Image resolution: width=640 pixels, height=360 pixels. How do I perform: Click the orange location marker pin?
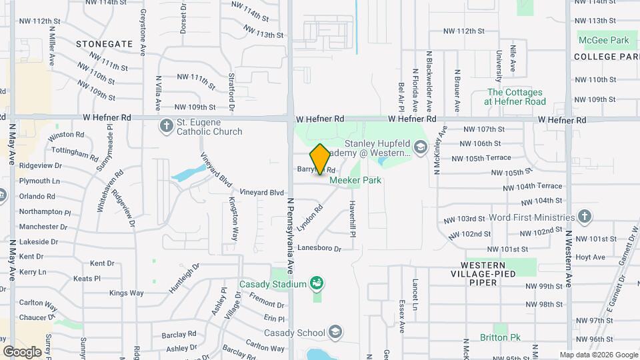tap(320, 159)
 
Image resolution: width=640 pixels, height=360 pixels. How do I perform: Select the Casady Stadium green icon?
tap(317, 284)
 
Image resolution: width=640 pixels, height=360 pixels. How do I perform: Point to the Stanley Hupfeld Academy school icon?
tap(420, 147)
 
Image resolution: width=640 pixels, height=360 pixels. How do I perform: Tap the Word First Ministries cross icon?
tap(584, 217)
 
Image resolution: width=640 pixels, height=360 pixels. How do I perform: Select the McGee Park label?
tap(603, 40)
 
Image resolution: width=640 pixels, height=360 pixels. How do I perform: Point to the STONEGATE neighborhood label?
tap(104, 43)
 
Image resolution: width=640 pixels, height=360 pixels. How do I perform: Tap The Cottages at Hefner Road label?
tap(516, 97)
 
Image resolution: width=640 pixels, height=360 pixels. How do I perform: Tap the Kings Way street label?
tap(126, 293)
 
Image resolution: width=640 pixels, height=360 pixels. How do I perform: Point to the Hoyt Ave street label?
tap(590, 257)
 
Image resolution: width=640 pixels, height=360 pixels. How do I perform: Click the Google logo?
tap(23, 351)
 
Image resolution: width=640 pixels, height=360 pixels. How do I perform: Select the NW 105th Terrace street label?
tap(481, 158)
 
